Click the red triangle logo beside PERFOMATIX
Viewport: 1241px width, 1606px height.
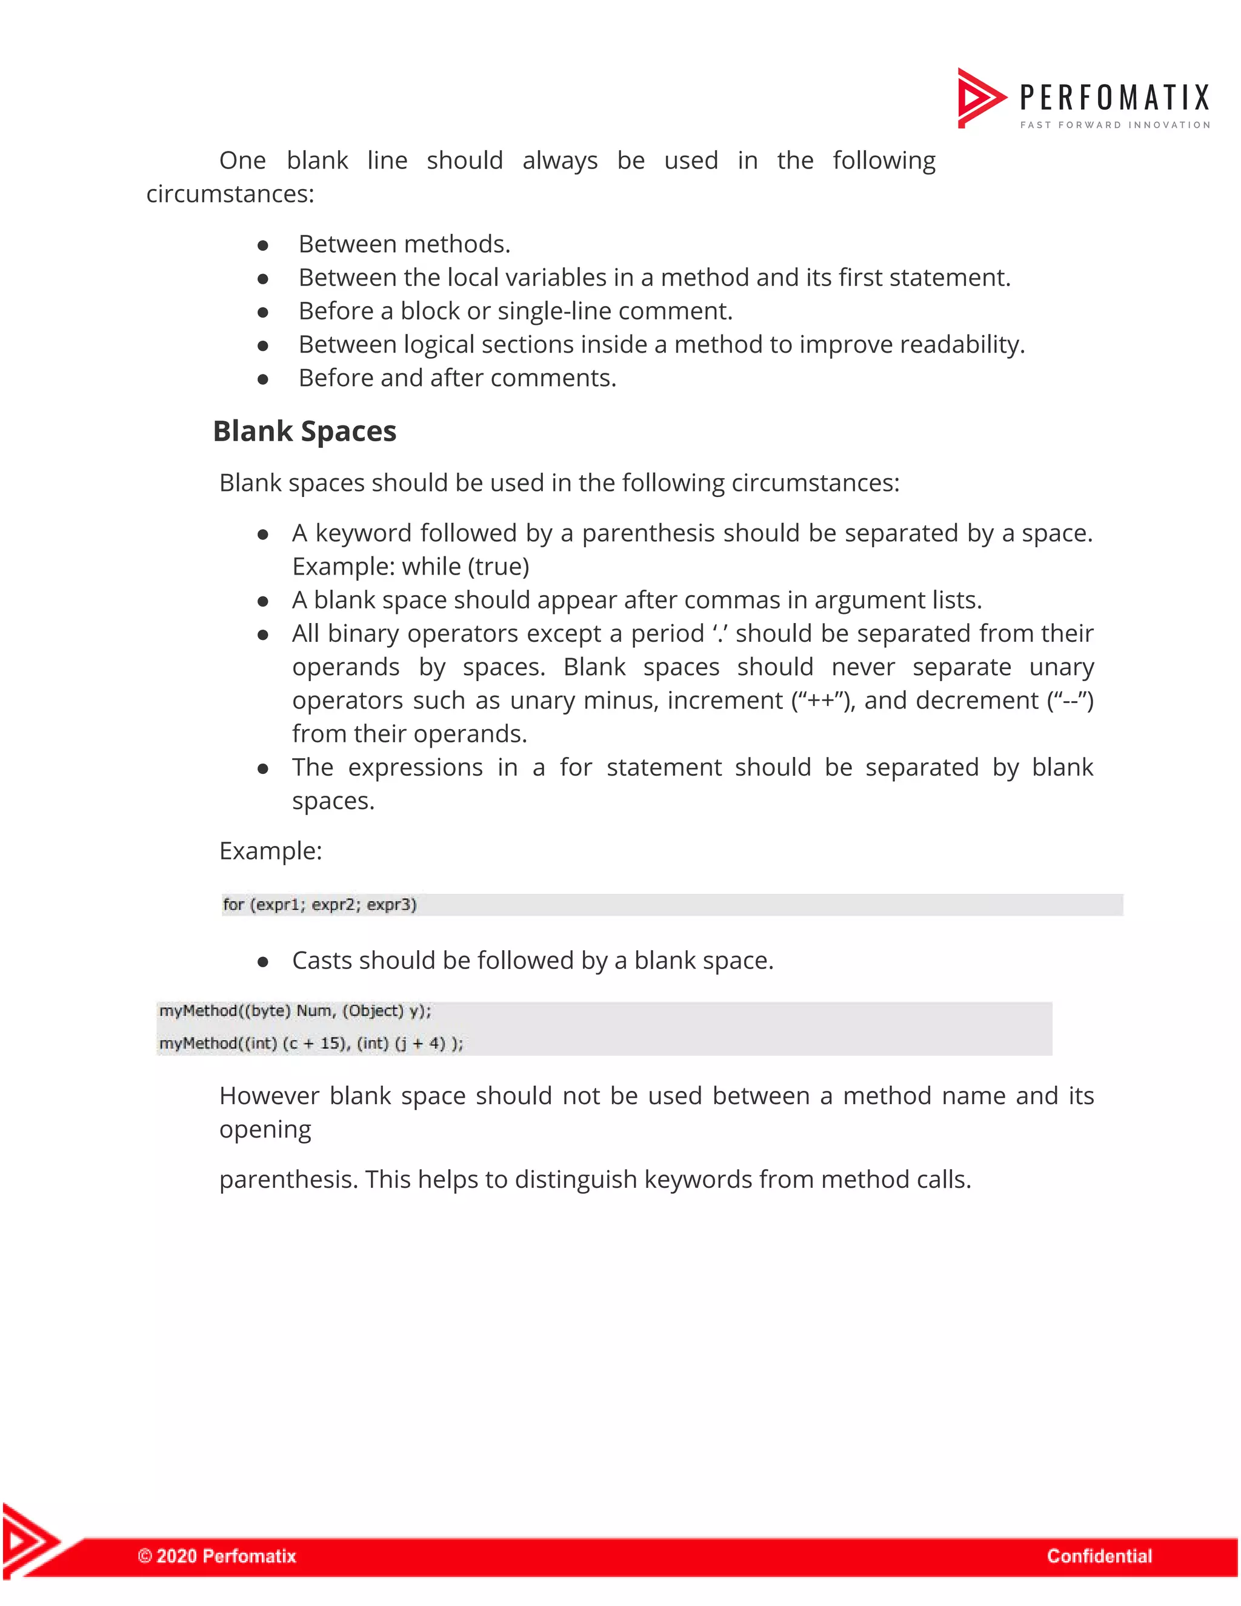pos(979,97)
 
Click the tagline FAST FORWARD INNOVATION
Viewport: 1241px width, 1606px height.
pos(1114,125)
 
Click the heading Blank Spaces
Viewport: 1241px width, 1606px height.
pos(304,431)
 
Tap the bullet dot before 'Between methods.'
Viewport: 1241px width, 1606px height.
pos(262,245)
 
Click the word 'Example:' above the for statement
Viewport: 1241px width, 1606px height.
pos(270,851)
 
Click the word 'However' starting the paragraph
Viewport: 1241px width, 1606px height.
pos(269,1096)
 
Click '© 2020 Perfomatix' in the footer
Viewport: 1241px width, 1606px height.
pos(217,1555)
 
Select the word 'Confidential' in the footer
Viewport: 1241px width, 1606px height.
pos(1099,1555)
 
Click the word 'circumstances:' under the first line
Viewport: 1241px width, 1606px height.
pos(230,194)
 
